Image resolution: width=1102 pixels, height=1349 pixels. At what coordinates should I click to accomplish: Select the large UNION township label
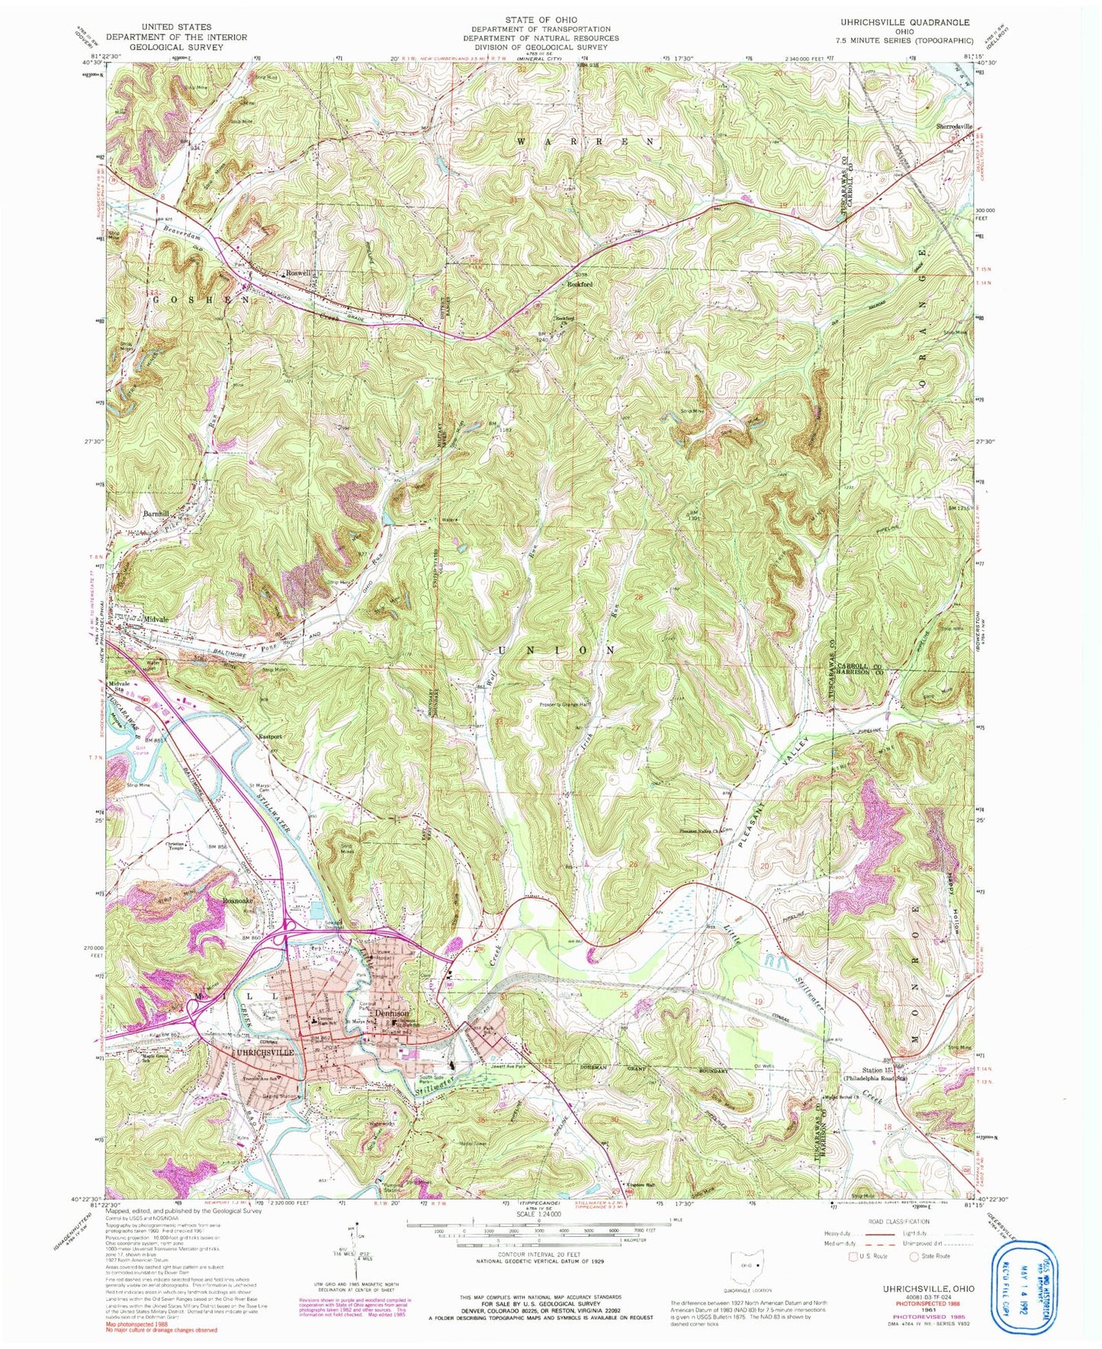556,650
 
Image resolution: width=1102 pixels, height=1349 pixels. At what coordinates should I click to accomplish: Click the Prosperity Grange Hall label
565,704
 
